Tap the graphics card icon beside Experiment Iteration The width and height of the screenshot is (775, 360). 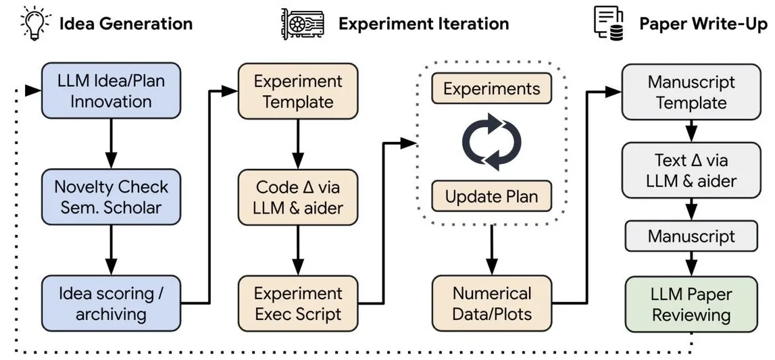[x=303, y=24]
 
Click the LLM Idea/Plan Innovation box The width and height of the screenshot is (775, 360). [x=111, y=91]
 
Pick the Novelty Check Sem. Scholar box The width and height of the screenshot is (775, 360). [x=111, y=197]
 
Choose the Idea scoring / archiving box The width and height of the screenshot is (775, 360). [x=111, y=303]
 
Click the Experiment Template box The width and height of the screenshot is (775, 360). [x=297, y=91]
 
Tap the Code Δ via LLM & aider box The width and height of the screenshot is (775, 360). [x=297, y=197]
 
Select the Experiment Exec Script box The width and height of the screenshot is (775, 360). [x=297, y=303]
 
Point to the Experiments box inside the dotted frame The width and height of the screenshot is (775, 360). [x=491, y=88]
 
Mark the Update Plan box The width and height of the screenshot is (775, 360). [x=491, y=196]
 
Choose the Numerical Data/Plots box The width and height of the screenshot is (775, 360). [x=491, y=303]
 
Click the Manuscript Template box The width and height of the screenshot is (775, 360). [x=691, y=92]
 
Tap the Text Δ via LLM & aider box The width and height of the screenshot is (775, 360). [x=691, y=170]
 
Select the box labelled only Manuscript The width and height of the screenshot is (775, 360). [x=691, y=236]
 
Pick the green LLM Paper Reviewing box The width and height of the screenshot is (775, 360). [x=691, y=304]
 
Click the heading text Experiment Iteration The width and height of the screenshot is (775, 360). [x=424, y=24]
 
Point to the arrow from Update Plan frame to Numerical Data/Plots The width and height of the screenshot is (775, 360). [x=491, y=249]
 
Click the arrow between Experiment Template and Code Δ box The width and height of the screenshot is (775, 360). [x=297, y=144]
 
